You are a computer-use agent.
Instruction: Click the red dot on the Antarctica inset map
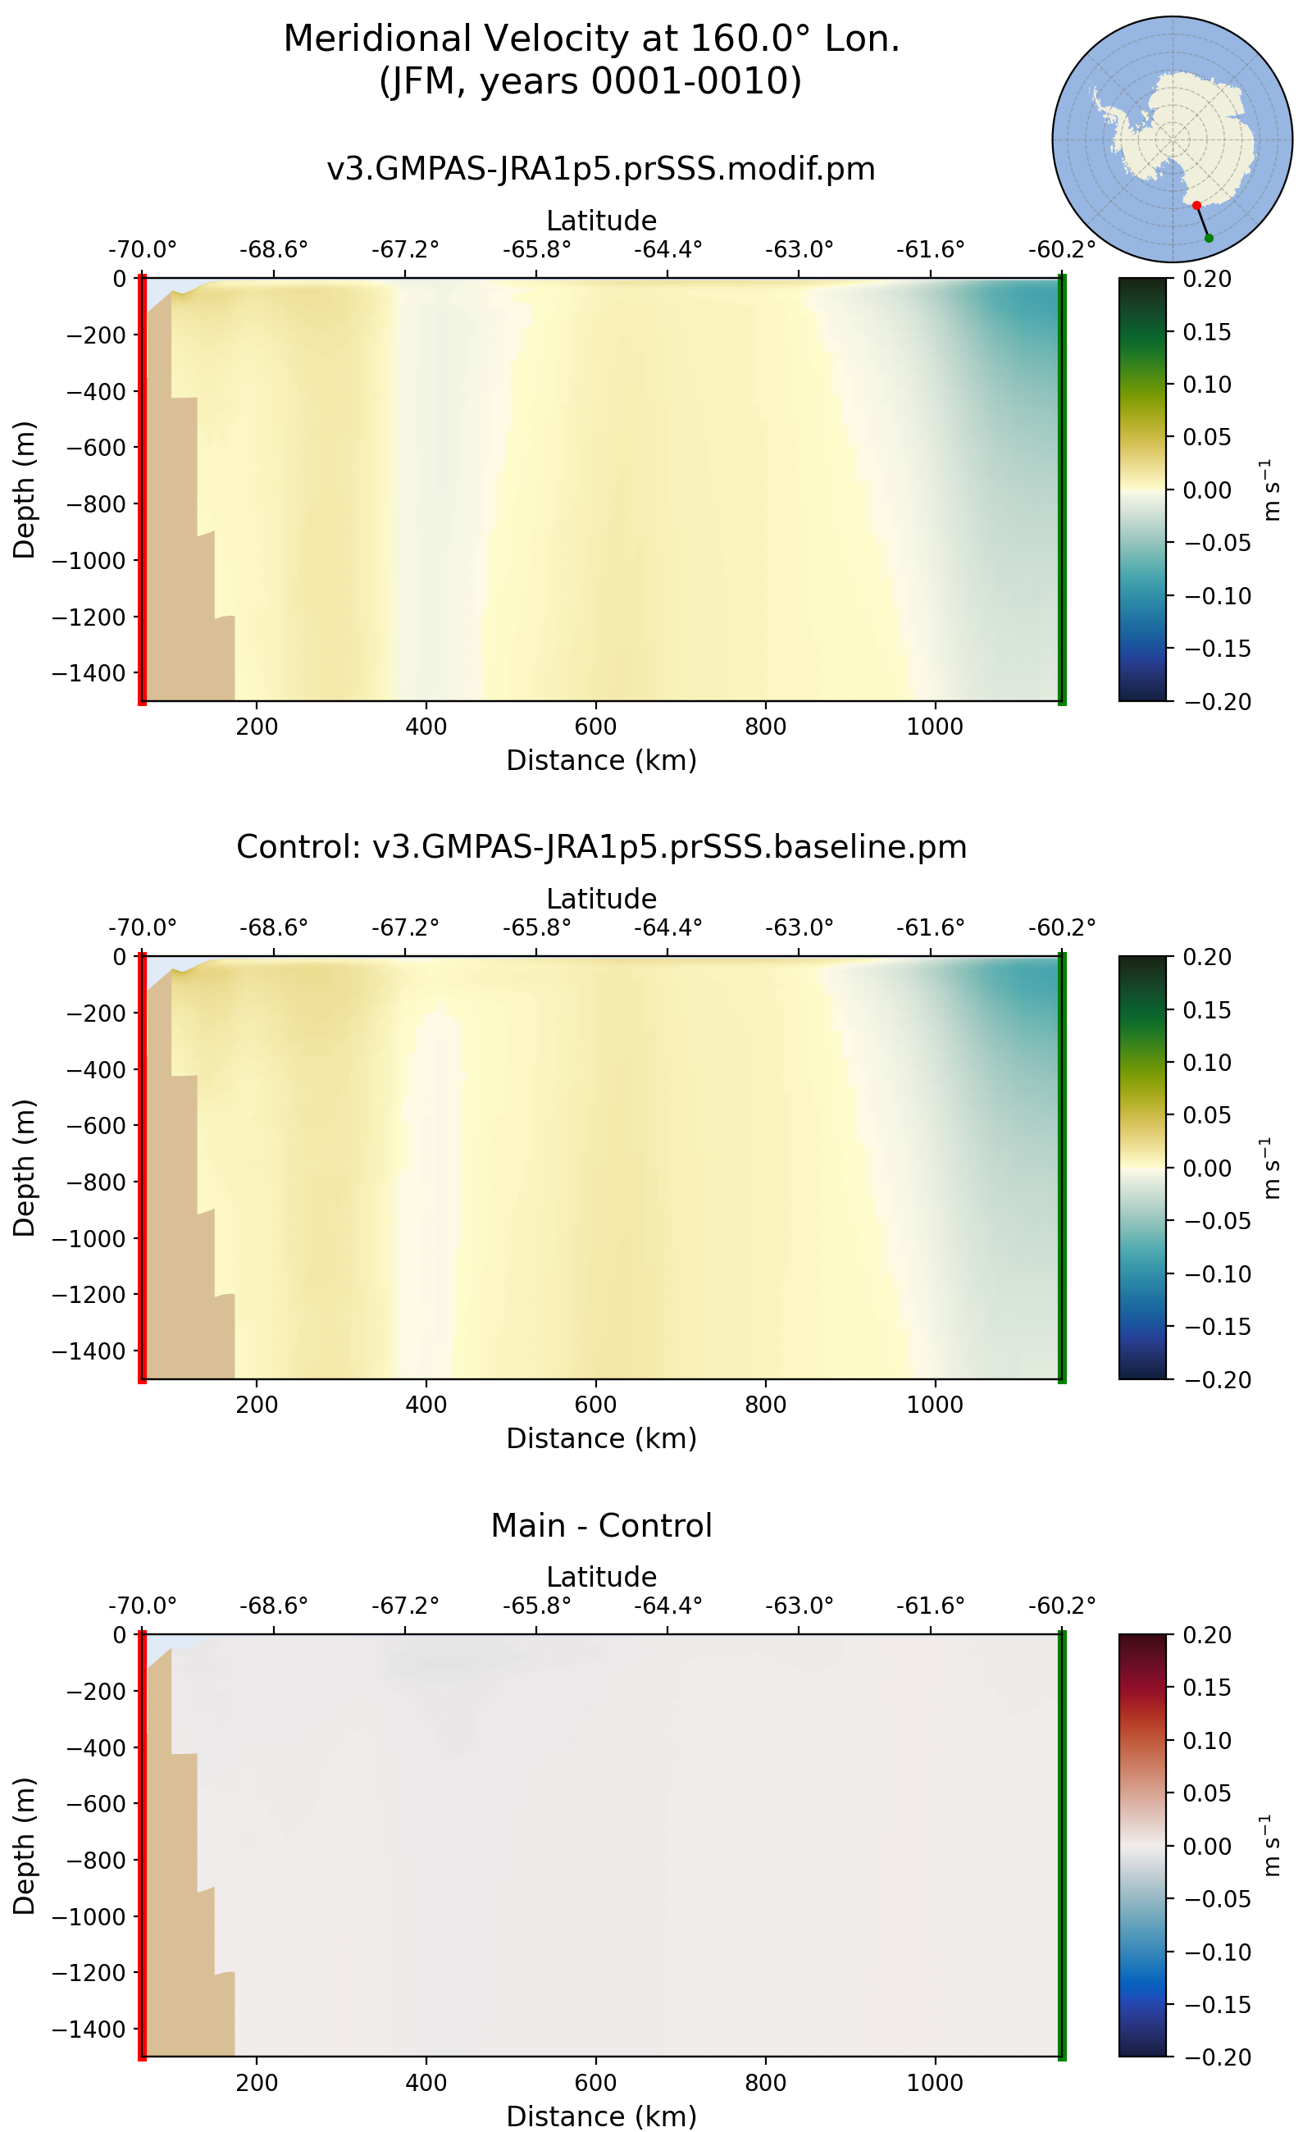[x=1196, y=206]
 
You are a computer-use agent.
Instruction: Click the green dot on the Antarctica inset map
[x=1209, y=238]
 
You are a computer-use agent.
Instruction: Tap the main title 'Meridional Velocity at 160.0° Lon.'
[x=591, y=39]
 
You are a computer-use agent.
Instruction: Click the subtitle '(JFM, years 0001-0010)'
[x=591, y=81]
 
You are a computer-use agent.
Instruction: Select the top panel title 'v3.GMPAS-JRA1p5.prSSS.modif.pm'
[x=600, y=168]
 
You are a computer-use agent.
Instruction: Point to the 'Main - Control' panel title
[x=600, y=1525]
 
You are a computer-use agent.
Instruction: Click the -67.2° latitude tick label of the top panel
[x=405, y=250]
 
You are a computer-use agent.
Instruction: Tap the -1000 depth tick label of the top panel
[x=89, y=561]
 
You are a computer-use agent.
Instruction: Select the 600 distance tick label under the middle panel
[x=596, y=1405]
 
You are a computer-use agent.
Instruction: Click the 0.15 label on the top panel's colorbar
[x=1207, y=332]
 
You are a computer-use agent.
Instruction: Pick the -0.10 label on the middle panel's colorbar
[x=1219, y=1273]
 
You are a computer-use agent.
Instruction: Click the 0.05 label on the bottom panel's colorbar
[x=1207, y=1793]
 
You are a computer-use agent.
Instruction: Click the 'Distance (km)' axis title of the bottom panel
[x=600, y=2116]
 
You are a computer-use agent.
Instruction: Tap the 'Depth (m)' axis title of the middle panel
[x=25, y=1168]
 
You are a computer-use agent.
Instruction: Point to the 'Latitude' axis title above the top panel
[x=600, y=221]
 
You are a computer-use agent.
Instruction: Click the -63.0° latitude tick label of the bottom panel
[x=799, y=1606]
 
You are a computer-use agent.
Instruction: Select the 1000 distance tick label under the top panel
[x=935, y=727]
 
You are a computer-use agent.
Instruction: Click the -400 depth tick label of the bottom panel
[x=95, y=1747]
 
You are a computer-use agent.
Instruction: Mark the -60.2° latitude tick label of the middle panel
[x=1062, y=927]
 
